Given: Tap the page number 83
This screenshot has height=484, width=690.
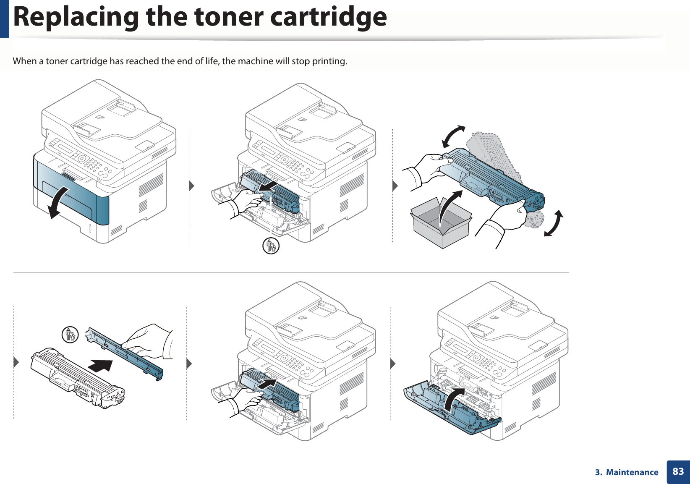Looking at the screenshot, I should click(x=678, y=471).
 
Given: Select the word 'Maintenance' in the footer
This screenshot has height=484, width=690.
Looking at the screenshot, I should click(x=632, y=472).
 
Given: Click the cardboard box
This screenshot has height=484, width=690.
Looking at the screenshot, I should click(x=441, y=225).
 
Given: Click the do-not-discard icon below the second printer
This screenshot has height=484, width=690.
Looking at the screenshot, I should click(x=271, y=246).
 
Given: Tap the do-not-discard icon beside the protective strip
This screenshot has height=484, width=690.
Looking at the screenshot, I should click(x=70, y=335).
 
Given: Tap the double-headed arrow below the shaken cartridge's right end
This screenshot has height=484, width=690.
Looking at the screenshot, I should click(x=554, y=224).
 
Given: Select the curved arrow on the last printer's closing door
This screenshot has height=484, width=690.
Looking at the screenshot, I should click(x=453, y=399).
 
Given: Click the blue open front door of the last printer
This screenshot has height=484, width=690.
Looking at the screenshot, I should click(x=453, y=413).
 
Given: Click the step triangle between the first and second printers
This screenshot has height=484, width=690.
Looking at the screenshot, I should click(x=191, y=185).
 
